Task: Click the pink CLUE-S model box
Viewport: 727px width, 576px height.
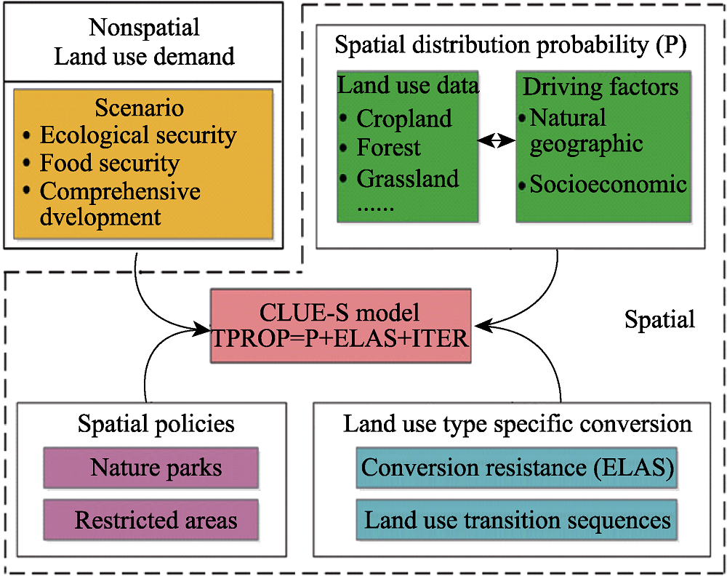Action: [341, 326]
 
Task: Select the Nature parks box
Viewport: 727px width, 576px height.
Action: [151, 468]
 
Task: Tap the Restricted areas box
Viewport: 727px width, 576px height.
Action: [151, 519]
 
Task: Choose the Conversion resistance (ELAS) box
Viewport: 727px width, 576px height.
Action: [517, 468]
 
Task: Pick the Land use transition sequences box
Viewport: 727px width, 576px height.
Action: [517, 519]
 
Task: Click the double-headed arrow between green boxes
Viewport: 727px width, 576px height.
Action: [497, 140]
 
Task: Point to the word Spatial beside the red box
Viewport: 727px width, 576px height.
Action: [659, 319]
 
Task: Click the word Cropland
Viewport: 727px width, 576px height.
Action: [403, 119]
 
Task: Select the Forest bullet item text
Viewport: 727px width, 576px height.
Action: [388, 148]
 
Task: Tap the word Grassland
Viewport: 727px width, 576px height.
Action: [408, 179]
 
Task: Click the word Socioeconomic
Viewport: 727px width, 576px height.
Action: [608, 184]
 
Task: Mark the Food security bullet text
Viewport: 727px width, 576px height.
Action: [110, 163]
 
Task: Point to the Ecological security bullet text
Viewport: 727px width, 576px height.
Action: [138, 135]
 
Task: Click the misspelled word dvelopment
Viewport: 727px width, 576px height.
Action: [100, 217]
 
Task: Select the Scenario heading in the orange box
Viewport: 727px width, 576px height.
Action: [139, 108]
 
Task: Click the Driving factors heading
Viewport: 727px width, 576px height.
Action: [601, 87]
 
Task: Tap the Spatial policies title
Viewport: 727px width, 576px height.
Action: [156, 424]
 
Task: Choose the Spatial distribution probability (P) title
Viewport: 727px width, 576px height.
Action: [510, 45]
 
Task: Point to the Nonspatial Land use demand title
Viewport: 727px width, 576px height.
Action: [144, 41]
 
